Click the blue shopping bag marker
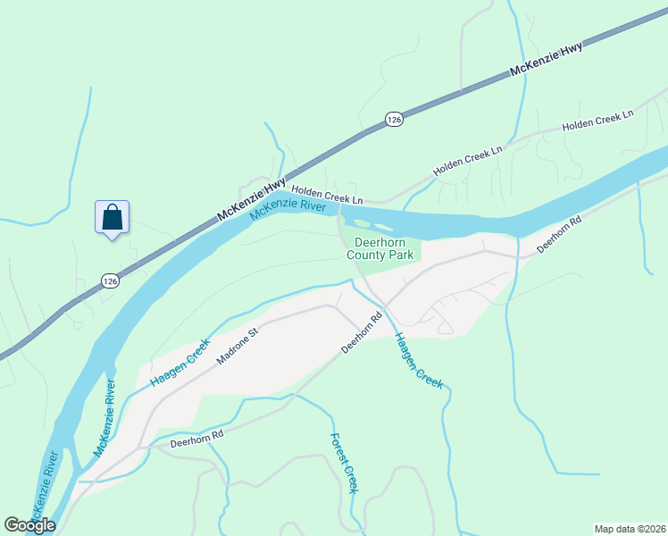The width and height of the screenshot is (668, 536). pyautogui.click(x=112, y=217)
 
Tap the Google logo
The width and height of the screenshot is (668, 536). pyautogui.click(x=29, y=524)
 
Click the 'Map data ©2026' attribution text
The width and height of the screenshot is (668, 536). pyautogui.click(x=629, y=528)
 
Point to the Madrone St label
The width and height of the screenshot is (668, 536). pyautogui.click(x=237, y=346)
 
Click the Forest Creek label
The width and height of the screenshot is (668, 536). pyautogui.click(x=344, y=464)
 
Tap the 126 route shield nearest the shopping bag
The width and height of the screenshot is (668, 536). pyautogui.click(x=109, y=281)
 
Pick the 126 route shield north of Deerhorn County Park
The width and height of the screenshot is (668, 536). pyautogui.click(x=394, y=119)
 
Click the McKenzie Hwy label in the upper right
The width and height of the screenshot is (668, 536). pyautogui.click(x=547, y=60)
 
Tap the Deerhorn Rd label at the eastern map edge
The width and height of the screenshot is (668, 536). pyautogui.click(x=559, y=235)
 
